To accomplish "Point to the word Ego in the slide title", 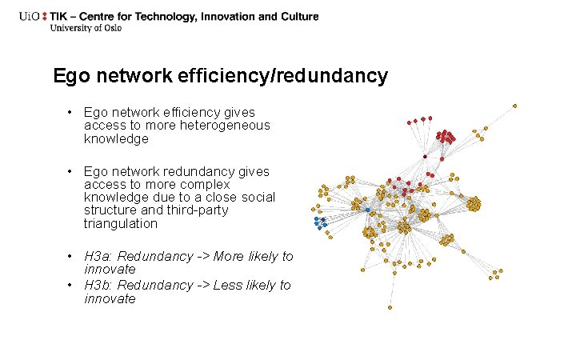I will (x=70, y=76).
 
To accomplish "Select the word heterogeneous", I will (x=229, y=126).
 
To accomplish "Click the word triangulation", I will (x=120, y=224).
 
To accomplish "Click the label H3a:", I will (x=99, y=257).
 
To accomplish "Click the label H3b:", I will (x=99, y=286).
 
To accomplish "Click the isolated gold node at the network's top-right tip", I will (x=514, y=105).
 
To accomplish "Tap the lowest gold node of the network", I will (x=390, y=307).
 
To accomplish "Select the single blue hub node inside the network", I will (x=367, y=210).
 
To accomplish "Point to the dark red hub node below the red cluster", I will (x=425, y=157).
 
